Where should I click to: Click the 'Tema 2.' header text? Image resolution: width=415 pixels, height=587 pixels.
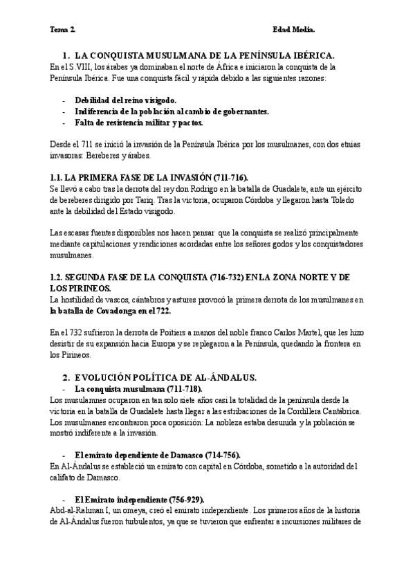pos(63,30)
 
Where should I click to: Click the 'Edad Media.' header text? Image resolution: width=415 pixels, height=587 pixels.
pos(293,30)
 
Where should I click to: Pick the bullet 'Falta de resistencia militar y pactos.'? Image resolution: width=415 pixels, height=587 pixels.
pos(139,123)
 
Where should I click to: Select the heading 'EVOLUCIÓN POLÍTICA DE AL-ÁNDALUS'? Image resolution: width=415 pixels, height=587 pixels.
pos(165,377)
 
